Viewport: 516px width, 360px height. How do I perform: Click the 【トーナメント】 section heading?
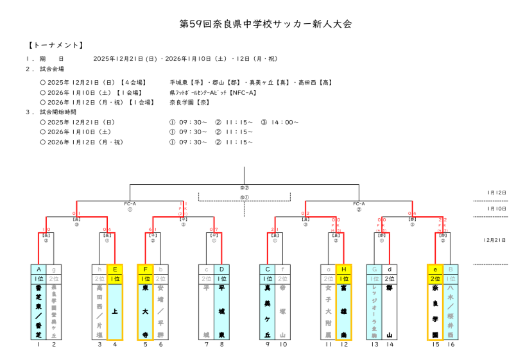click(x=56, y=46)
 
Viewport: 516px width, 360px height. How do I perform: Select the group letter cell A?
click(x=39, y=270)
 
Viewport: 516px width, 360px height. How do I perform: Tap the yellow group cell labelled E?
click(x=115, y=270)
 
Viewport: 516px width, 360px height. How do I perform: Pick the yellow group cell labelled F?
click(x=145, y=270)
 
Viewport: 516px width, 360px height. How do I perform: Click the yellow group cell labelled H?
click(x=344, y=270)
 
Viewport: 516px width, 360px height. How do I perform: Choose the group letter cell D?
click(x=221, y=270)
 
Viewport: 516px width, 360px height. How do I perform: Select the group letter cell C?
click(x=268, y=270)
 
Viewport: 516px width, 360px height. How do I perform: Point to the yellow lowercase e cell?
click(x=435, y=270)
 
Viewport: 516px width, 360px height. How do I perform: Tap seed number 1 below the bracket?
click(x=39, y=345)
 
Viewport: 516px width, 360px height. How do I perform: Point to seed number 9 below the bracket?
click(x=268, y=345)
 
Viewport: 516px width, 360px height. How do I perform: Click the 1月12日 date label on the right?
click(x=496, y=193)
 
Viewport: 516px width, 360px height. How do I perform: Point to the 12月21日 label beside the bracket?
click(x=495, y=240)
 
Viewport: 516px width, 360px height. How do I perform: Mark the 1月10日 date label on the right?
click(x=496, y=209)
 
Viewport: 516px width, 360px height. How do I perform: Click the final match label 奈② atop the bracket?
click(x=245, y=187)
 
